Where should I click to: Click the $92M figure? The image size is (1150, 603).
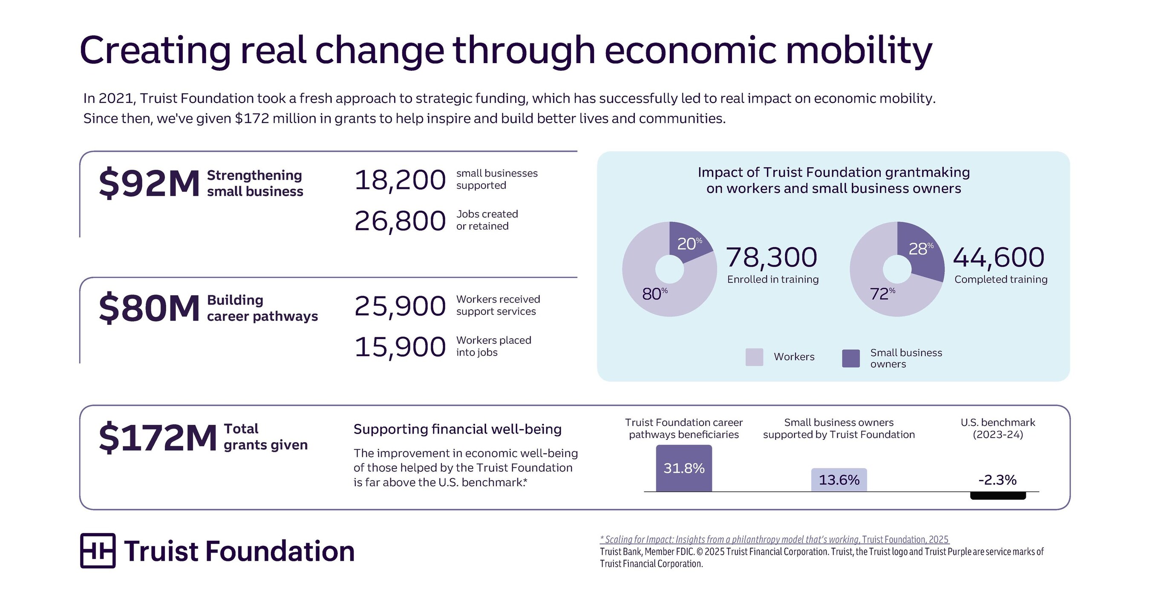pos(149,183)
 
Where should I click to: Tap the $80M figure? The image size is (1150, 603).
pos(149,308)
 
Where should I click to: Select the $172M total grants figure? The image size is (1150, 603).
pos(158,438)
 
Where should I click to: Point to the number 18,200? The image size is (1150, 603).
pos(400,180)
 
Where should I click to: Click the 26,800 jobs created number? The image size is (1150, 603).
pos(400,221)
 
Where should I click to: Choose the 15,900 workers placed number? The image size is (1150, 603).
pos(400,347)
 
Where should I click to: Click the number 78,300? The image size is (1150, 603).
pos(772,257)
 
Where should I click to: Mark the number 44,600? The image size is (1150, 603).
pos(999,257)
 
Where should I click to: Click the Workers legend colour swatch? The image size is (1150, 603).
pos(754,357)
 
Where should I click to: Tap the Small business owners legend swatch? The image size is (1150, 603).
pos(851,358)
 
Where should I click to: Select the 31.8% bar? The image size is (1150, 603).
pos(684,468)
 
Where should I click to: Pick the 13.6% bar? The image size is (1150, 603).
pos(839,480)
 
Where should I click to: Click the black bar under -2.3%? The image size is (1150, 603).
pos(998,496)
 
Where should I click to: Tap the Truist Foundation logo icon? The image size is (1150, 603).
pos(98,550)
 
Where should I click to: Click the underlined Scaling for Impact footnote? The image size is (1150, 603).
pos(774,539)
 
